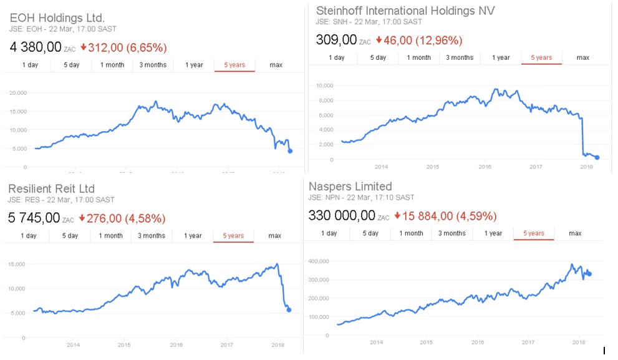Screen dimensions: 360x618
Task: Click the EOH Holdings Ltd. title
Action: (x=57, y=17)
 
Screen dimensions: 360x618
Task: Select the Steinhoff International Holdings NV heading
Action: (x=405, y=11)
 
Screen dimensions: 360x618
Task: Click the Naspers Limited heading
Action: (x=350, y=186)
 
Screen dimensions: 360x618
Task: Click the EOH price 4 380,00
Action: (x=35, y=47)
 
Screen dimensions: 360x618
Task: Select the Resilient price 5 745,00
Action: (x=35, y=218)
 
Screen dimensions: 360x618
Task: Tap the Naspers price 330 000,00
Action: (x=342, y=216)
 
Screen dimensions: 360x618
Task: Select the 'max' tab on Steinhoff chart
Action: (x=582, y=57)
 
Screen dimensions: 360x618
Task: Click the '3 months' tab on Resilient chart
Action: (x=152, y=236)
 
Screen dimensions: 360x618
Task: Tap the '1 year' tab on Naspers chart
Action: (x=493, y=233)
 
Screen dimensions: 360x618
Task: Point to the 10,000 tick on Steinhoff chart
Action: (x=325, y=85)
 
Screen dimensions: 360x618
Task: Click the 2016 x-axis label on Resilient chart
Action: (x=176, y=344)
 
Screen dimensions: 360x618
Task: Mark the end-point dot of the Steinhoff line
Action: (x=597, y=158)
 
